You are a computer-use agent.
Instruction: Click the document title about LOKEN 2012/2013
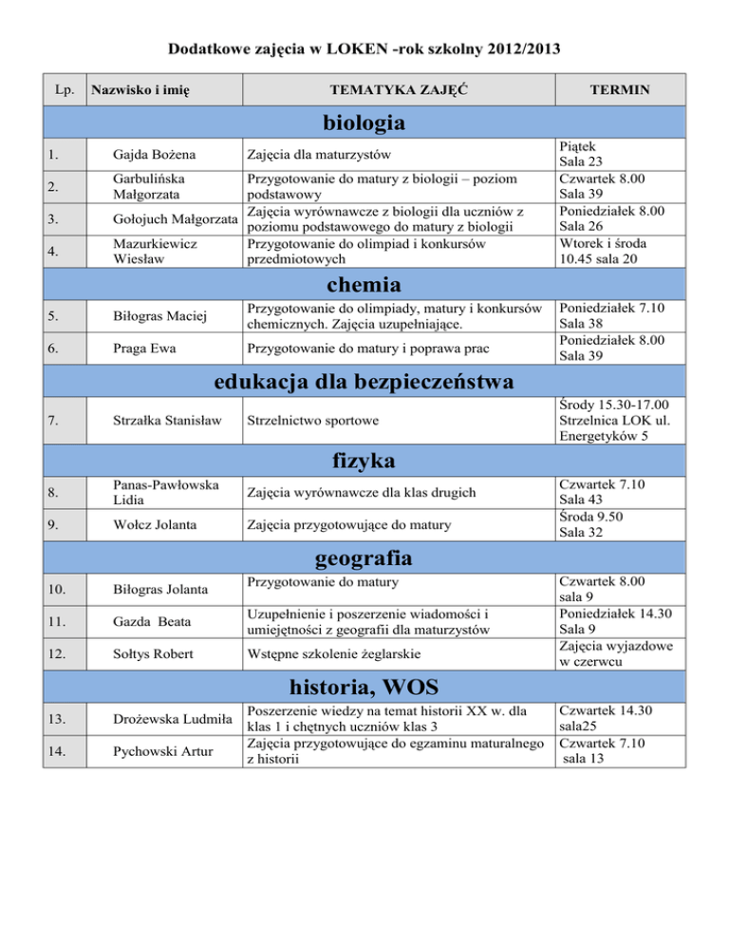[x=364, y=47]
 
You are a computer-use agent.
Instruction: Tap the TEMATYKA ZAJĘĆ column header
[x=398, y=90]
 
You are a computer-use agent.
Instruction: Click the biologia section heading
[x=364, y=123]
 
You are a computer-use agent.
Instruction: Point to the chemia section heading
[x=364, y=285]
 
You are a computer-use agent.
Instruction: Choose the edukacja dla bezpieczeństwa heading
[x=364, y=382]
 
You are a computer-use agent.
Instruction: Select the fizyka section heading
[x=364, y=462]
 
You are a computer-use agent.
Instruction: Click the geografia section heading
[x=364, y=554]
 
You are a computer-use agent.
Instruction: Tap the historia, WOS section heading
[x=364, y=686]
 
